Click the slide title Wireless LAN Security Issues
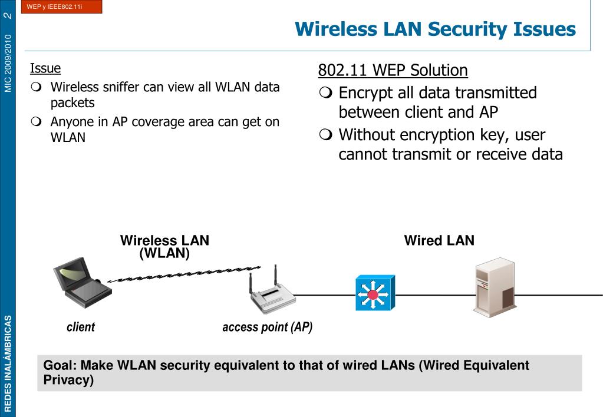click(x=435, y=29)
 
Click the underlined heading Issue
click(x=45, y=68)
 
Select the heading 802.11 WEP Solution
click(x=393, y=71)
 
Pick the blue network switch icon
click(x=374, y=293)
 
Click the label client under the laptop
click(x=81, y=327)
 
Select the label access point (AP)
click(x=267, y=327)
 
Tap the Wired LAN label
click(x=439, y=240)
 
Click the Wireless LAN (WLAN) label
click(x=164, y=247)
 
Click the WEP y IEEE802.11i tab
click(x=59, y=7)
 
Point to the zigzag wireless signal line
click(x=183, y=274)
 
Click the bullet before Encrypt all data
click(x=325, y=93)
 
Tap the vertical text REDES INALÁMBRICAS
click(x=8, y=363)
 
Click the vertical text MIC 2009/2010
click(x=8, y=62)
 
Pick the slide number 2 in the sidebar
click(x=8, y=14)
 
